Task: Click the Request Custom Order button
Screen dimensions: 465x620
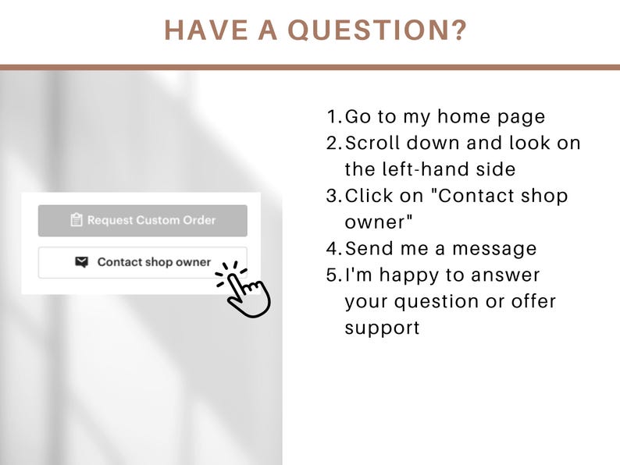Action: click(143, 220)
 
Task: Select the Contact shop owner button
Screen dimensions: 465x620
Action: click(143, 262)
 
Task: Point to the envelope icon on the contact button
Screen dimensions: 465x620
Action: click(81, 262)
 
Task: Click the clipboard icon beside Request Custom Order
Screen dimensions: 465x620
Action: click(77, 220)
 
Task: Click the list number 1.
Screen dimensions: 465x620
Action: click(333, 117)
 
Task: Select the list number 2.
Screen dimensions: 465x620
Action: click(333, 144)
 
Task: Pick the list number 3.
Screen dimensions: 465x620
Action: click(333, 196)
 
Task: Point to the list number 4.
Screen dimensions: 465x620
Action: click(333, 249)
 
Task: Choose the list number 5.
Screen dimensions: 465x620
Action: click(333, 275)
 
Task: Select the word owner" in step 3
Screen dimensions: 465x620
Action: click(378, 222)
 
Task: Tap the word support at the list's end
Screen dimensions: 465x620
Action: click(382, 328)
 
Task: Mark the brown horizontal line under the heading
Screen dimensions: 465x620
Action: click(310, 67)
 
